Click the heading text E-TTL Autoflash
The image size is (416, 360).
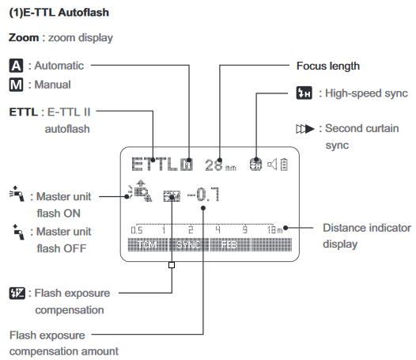(x=70, y=13)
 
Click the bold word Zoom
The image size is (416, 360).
(x=23, y=37)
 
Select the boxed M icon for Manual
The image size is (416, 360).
(x=15, y=85)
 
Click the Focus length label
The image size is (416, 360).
(x=327, y=66)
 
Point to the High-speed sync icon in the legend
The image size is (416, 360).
(x=301, y=93)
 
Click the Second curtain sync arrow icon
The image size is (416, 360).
(x=301, y=127)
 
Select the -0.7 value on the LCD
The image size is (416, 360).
(x=204, y=194)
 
